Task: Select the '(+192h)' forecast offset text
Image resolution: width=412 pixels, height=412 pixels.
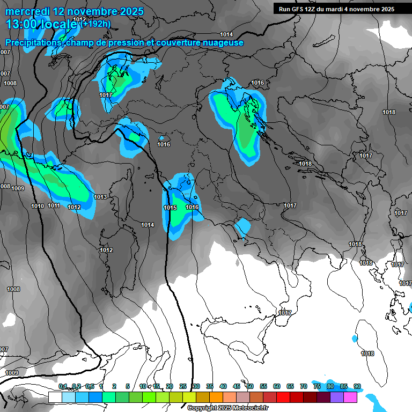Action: (96, 23)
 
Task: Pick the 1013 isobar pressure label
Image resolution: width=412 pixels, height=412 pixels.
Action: (100, 197)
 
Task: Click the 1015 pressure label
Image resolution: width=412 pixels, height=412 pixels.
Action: (170, 208)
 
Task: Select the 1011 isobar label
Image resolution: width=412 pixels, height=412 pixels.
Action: (54, 206)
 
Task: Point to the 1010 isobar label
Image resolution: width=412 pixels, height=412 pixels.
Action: (38, 206)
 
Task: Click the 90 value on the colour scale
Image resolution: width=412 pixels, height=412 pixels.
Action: (357, 386)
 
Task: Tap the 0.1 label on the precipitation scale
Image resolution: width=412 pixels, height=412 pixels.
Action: (63, 386)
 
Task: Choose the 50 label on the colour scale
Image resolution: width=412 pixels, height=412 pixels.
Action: (250, 386)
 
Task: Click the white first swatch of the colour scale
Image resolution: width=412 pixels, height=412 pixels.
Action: (55, 397)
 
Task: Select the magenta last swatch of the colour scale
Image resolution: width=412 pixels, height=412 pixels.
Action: (350, 397)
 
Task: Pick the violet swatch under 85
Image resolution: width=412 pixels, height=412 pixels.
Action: (337, 397)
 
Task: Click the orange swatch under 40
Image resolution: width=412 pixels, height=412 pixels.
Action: (216, 397)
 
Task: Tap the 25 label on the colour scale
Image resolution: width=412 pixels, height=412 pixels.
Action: (183, 386)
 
